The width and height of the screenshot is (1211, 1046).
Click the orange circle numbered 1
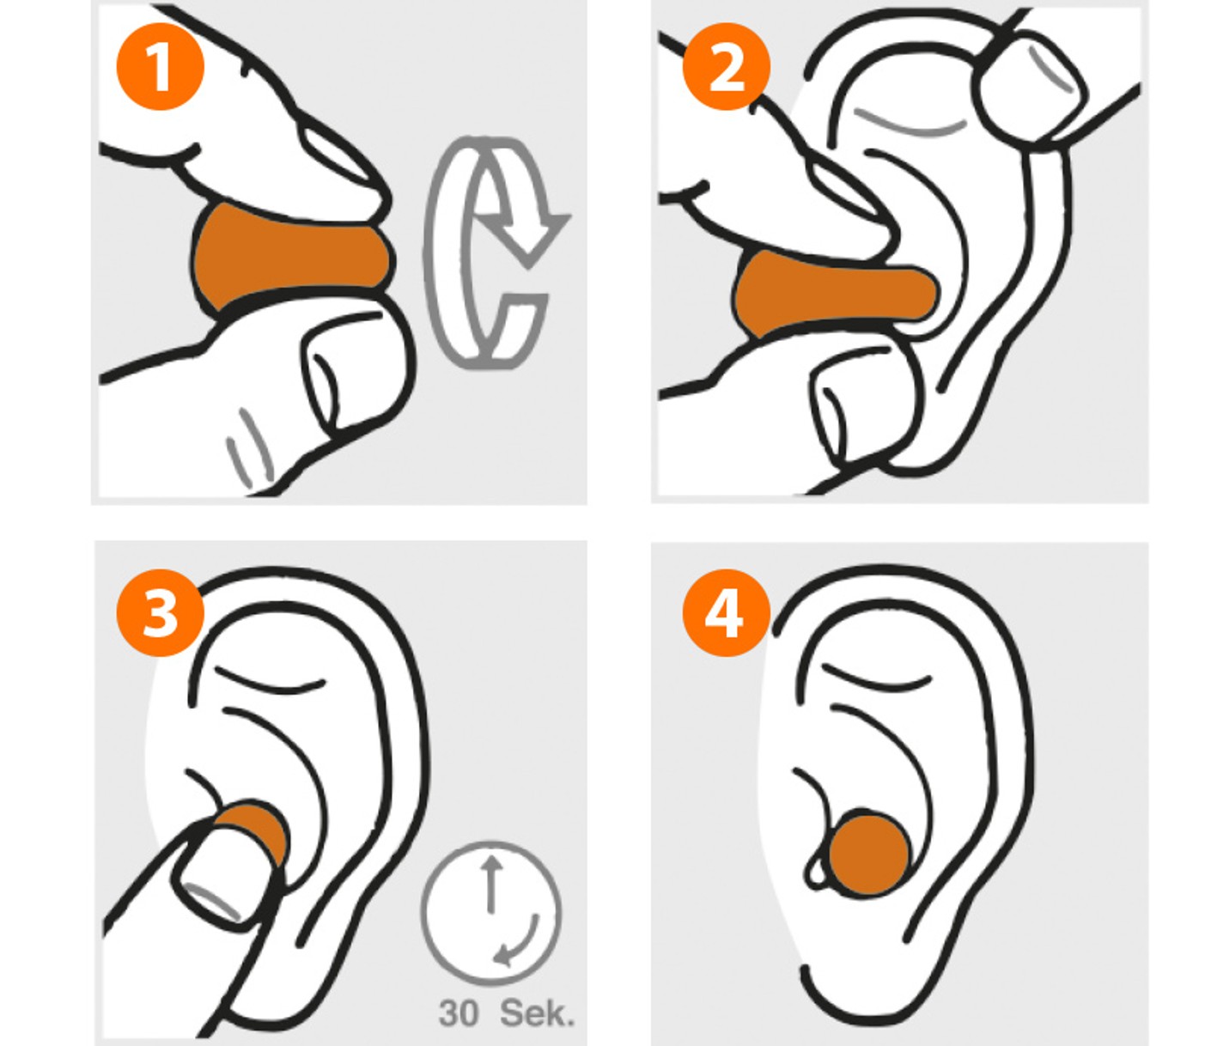(x=160, y=66)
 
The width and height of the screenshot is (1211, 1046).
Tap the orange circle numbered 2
(x=727, y=66)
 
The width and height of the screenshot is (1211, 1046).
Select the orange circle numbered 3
(x=160, y=612)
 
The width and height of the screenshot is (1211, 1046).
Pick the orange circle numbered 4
(x=727, y=612)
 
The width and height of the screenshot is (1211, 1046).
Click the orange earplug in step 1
(x=290, y=257)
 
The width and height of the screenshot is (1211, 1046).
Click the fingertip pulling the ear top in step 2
(x=1032, y=88)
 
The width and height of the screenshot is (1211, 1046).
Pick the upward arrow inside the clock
(x=491, y=884)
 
